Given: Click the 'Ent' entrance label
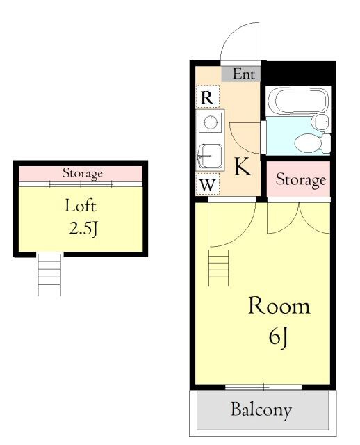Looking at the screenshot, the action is pos(243,74).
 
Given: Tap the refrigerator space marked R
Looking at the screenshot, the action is pos(207,97).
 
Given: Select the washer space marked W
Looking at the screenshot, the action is pos(208,184).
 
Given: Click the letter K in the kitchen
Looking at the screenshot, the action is pos(243,167).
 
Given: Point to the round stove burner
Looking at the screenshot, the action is pos(210,122).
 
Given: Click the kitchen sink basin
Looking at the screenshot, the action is pos(210,156).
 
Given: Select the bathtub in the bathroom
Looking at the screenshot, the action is pos(298,100).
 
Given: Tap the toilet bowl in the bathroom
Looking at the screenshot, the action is pos(308,143).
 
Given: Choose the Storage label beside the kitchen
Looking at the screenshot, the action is pos(301,179).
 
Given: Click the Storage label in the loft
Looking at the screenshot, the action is pos(82,173).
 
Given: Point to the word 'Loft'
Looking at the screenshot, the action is pos(81,206).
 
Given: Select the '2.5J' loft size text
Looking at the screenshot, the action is pos(83,228).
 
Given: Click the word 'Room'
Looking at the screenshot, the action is pos(279,306).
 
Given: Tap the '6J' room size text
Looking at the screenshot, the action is pos(279,338).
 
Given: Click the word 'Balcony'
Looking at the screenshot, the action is pos(261,410).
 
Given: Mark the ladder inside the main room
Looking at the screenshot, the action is pos(218,268).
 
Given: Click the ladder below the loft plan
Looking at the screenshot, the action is pos(49,275).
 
